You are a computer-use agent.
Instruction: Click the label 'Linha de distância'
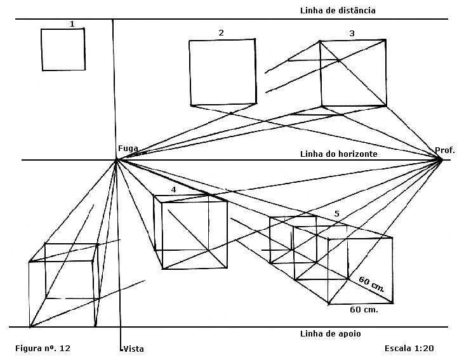tap(338, 10)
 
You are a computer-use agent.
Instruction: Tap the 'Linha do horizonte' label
tap(339, 154)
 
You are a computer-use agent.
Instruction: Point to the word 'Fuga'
tap(128, 149)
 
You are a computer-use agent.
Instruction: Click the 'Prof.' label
tap(444, 150)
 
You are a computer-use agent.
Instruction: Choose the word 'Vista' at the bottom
tap(133, 349)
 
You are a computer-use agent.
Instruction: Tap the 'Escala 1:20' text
tap(409, 349)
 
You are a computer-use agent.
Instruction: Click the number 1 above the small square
tap(72, 24)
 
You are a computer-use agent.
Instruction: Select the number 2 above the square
tap(221, 32)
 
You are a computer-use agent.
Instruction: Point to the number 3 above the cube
tap(351, 32)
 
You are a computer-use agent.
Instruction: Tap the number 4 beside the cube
tap(173, 190)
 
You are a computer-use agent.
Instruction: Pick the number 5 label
tap(336, 213)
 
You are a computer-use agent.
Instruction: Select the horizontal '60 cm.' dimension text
tap(364, 310)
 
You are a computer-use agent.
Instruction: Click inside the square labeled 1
tap(63, 50)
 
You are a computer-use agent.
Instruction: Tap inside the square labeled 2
tap(223, 72)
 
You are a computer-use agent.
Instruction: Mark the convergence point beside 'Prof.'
tap(441, 159)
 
